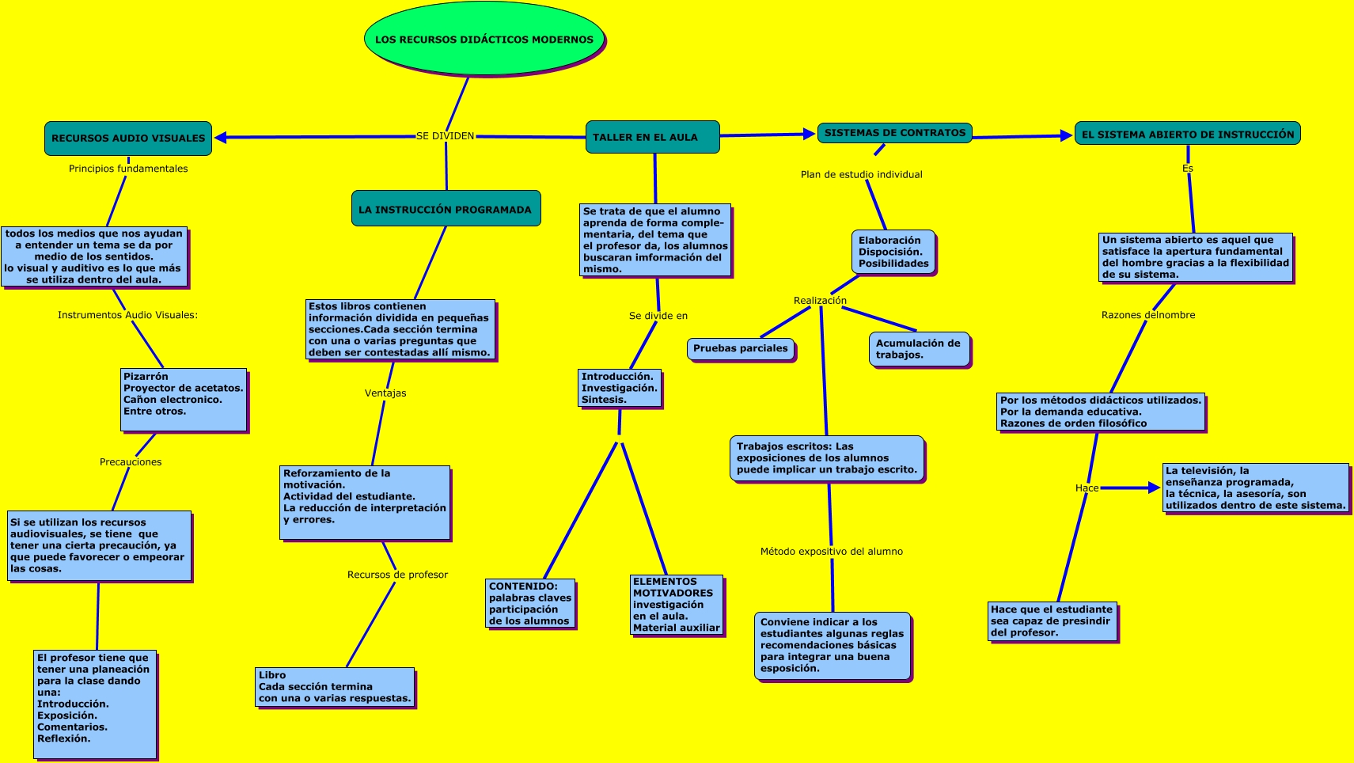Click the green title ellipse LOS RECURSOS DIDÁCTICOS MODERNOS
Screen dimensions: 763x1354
pos(484,39)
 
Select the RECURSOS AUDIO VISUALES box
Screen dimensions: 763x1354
pos(128,139)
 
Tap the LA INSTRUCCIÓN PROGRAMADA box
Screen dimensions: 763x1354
pos(446,209)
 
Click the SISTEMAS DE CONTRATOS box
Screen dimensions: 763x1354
pos(894,133)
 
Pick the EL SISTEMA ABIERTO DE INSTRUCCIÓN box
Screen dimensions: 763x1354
pos(1187,134)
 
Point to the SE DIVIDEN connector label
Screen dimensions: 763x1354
pos(446,136)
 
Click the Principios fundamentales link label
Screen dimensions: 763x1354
pos(128,169)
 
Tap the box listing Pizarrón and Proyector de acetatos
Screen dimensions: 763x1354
pos(184,400)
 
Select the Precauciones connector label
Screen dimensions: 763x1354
pos(131,462)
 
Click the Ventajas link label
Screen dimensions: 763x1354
pos(385,393)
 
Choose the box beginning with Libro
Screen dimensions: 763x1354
pos(336,687)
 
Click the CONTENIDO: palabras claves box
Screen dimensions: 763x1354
pos(530,604)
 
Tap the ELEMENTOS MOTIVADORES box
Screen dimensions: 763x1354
pos(677,605)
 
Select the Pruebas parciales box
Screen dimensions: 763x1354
pos(741,348)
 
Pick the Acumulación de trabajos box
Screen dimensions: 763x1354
pos(918,349)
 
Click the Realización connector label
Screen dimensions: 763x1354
pos(820,301)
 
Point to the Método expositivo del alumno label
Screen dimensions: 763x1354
pos(832,552)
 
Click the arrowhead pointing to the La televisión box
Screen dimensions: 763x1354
pos(1154,488)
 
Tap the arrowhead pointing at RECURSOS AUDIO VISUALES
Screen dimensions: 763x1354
pos(222,138)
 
